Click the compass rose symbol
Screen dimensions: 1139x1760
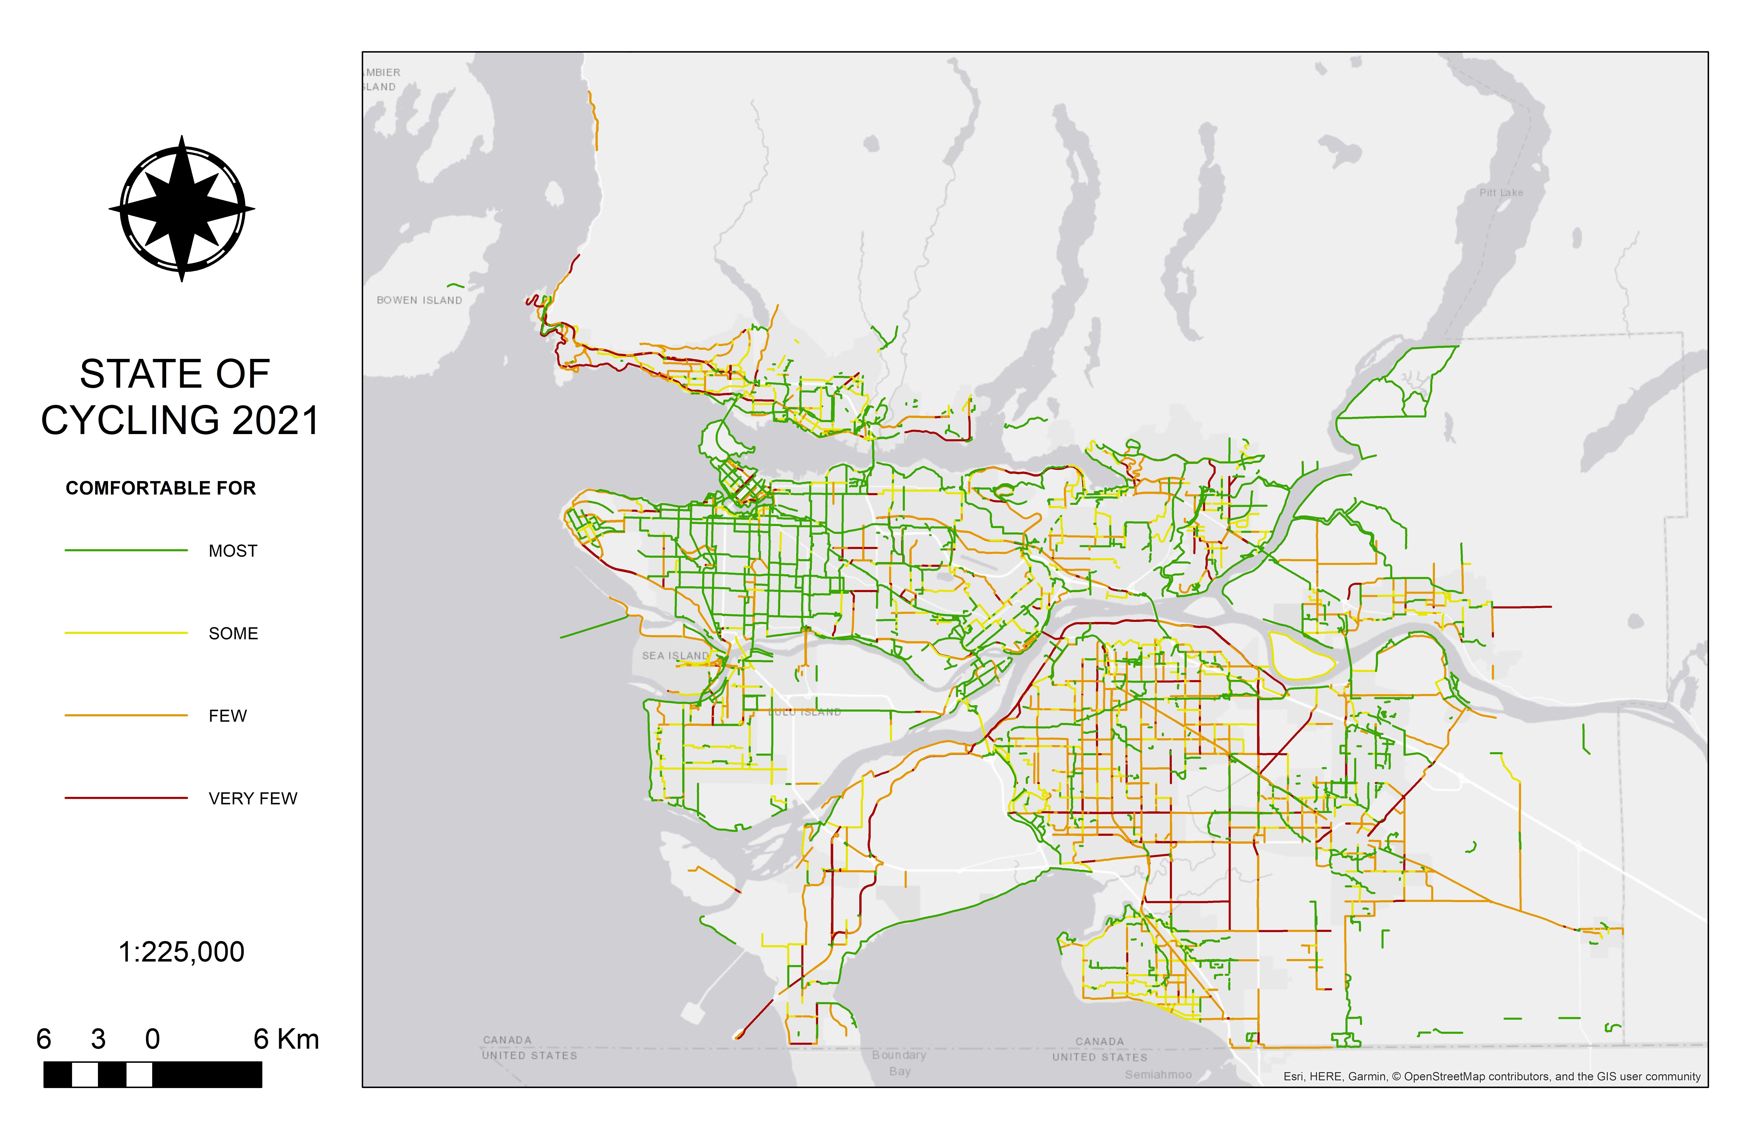pyautogui.click(x=182, y=209)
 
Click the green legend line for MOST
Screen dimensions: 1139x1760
pyautogui.click(x=126, y=550)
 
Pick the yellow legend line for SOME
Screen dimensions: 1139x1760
pyautogui.click(x=126, y=633)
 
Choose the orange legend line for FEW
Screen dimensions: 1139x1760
pyautogui.click(x=126, y=715)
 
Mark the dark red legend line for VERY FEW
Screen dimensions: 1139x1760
pyautogui.click(x=126, y=798)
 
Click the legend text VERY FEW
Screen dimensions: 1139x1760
pyautogui.click(x=253, y=799)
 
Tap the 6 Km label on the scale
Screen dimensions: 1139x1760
pyautogui.click(x=286, y=1039)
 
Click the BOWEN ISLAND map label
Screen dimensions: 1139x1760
pyautogui.click(x=419, y=300)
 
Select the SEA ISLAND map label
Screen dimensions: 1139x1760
pyautogui.click(x=674, y=656)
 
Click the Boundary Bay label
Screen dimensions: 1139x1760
pyautogui.click(x=899, y=1063)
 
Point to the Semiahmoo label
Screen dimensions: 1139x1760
pyautogui.click(x=1158, y=1075)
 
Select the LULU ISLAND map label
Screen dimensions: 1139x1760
pyautogui.click(x=805, y=712)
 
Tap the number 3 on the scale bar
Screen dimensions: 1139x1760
pyautogui.click(x=98, y=1039)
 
